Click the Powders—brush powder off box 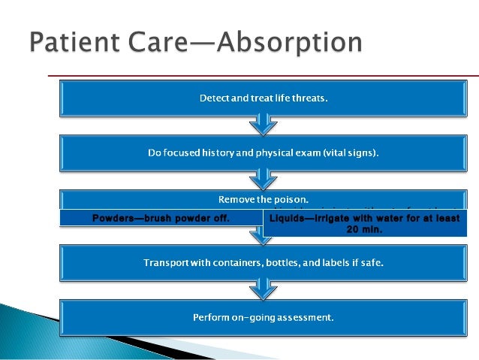(161, 219)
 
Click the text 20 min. (364, 229)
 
